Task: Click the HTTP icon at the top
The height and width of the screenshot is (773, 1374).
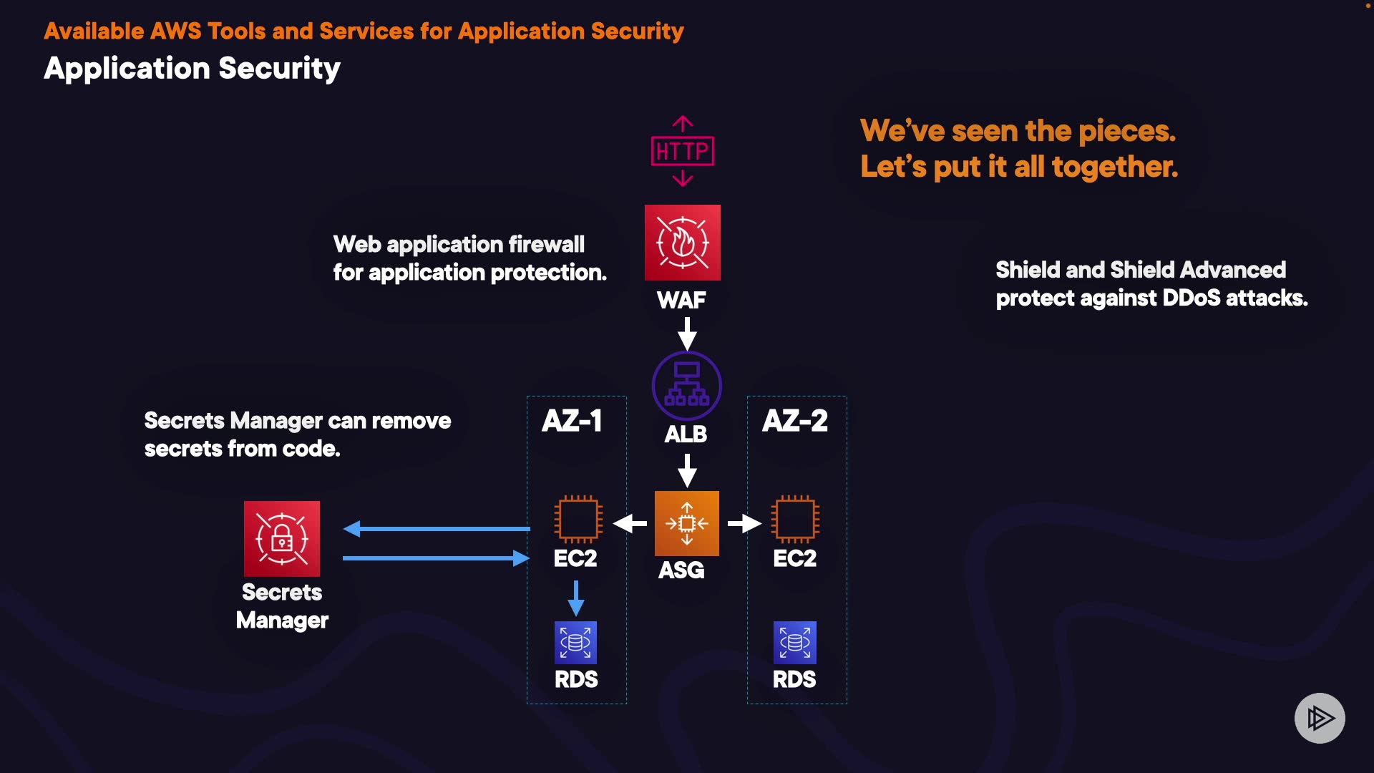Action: [683, 151]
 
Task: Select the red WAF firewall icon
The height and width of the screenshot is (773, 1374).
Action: [683, 242]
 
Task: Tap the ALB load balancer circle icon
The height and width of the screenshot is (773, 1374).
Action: [687, 386]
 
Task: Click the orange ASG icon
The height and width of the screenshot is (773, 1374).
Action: [687, 523]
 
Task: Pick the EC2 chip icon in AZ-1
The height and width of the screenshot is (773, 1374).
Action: [578, 519]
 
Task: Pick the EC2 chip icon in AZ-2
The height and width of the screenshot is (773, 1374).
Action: [795, 519]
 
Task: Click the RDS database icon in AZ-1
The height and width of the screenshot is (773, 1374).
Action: [576, 642]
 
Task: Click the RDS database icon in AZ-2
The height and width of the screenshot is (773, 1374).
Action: [795, 642]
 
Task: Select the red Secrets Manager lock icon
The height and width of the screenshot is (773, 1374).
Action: [282, 538]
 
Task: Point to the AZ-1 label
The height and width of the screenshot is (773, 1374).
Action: [572, 421]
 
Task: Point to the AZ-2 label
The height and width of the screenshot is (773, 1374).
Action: [795, 421]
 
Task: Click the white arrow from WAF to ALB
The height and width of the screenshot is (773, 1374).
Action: [687, 334]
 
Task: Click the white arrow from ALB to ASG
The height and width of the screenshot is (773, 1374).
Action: [687, 470]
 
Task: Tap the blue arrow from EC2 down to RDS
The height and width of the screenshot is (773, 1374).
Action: [576, 598]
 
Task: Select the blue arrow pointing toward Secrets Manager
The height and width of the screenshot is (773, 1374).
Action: [437, 529]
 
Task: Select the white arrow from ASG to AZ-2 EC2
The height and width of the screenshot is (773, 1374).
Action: [744, 524]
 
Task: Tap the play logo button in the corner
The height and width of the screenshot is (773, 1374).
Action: [1320, 718]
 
